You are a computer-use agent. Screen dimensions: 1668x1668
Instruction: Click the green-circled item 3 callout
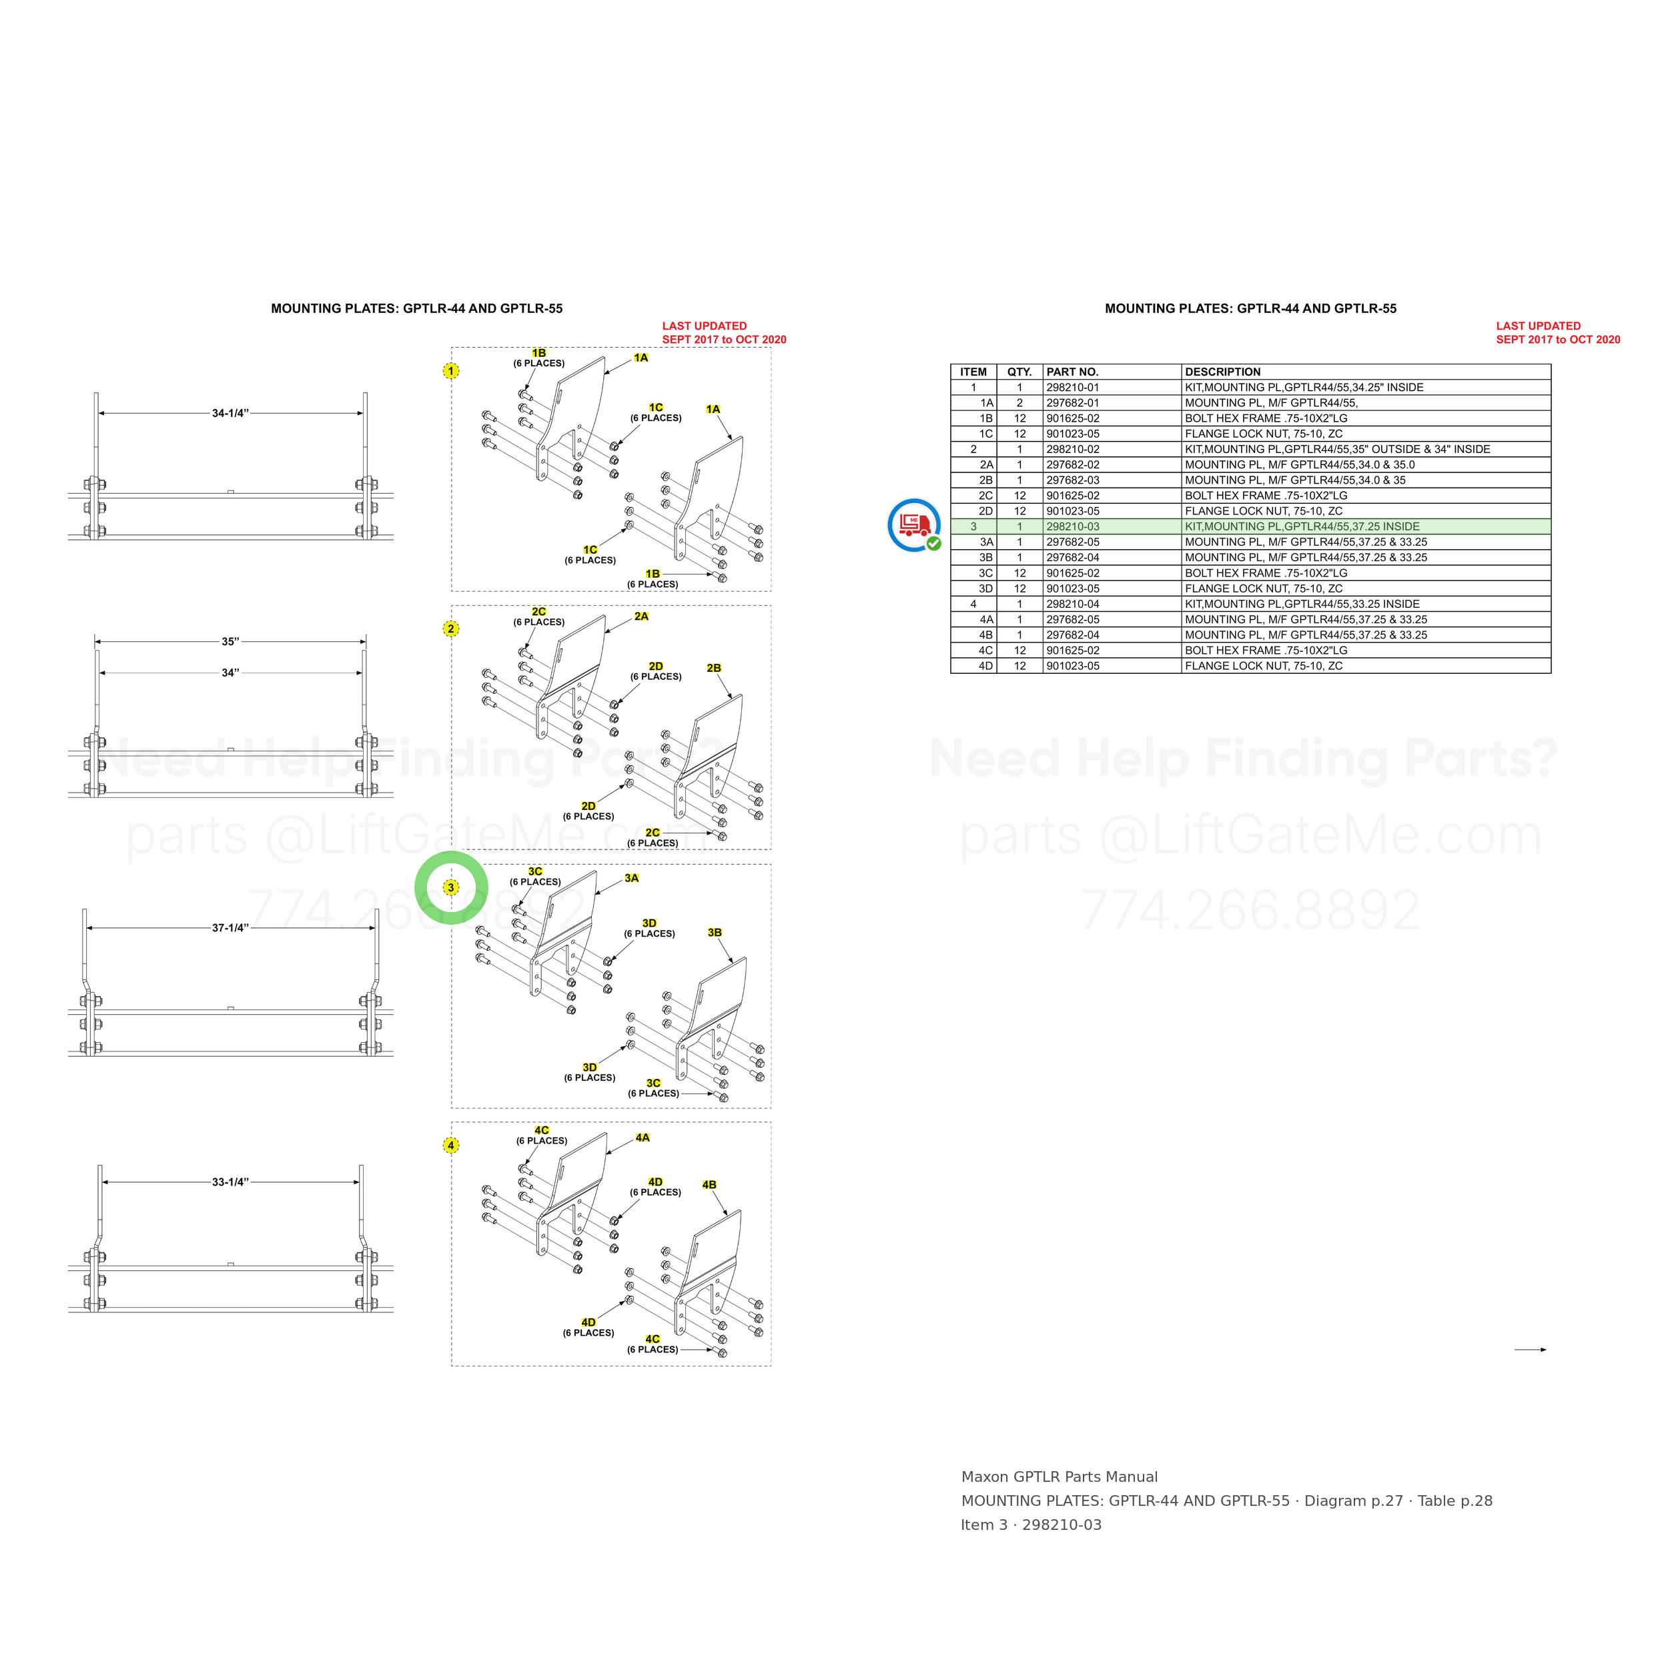450,887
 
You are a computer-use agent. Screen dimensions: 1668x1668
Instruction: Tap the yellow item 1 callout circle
450,371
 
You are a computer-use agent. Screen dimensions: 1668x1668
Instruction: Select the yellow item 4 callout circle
450,1146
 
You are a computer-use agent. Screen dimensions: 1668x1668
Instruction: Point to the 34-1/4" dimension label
230,414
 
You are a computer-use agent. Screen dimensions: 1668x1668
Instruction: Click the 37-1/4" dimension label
230,928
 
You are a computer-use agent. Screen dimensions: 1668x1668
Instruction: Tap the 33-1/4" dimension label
230,1182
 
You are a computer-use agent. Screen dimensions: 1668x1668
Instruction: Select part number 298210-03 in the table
1073,526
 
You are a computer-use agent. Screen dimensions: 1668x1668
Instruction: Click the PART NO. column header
1072,372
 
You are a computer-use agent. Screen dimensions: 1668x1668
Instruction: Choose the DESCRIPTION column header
1222,372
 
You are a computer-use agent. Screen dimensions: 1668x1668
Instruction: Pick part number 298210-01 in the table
1073,388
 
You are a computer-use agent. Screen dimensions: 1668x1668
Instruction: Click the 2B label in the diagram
714,669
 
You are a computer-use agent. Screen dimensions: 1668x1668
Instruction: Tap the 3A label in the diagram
632,878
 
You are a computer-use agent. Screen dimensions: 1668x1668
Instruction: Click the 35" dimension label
230,641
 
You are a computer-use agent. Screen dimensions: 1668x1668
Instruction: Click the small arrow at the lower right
1530,1350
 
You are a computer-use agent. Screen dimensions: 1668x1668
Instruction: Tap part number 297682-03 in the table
1073,480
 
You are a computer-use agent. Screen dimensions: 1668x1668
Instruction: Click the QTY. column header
1019,372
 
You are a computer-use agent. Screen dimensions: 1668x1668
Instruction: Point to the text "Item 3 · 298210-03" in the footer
1031,1525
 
